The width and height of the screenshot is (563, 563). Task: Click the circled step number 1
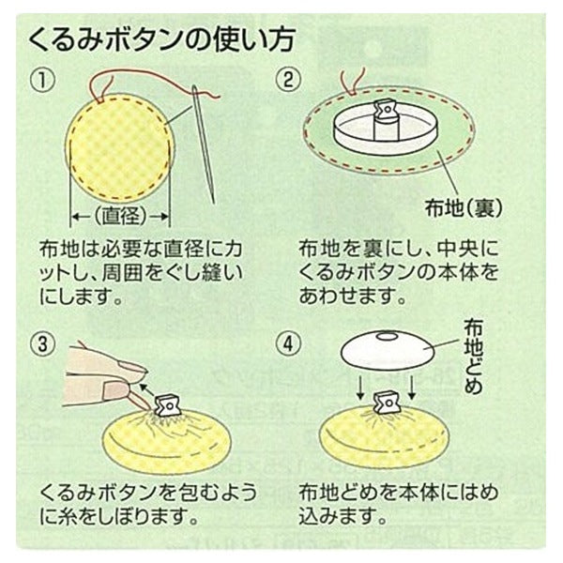point(43,81)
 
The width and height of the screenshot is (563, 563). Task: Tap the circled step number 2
point(288,81)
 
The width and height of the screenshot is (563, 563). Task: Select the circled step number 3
point(43,344)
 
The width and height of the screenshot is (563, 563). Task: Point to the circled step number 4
point(288,344)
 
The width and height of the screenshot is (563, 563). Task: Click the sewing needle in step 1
point(204,144)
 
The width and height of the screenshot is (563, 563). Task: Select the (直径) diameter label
point(120,217)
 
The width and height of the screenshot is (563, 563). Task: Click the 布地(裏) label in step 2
point(464,207)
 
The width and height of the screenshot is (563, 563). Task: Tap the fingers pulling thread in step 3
point(108,381)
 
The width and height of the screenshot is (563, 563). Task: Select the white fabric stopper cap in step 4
point(388,348)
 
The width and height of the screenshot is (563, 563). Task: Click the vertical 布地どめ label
point(473,358)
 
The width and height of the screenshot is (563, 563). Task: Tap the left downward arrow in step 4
point(360,387)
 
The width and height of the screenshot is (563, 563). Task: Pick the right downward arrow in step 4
point(412,387)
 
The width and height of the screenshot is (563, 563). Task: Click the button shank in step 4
point(387,403)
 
